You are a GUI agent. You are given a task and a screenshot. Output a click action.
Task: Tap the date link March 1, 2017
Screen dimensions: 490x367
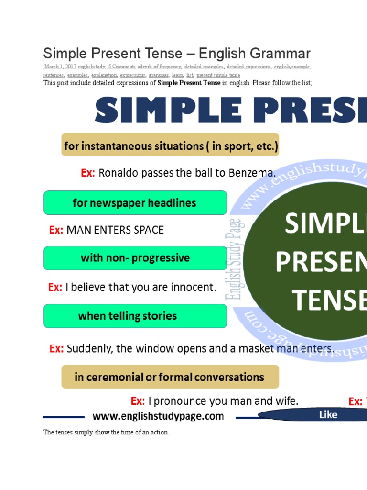(60, 67)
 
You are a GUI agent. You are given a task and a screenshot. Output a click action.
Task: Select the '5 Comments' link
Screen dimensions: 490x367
(122, 67)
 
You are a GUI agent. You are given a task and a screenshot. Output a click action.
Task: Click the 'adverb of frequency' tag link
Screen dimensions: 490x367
(159, 67)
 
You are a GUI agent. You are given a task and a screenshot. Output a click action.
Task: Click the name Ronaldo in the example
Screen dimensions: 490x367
(118, 173)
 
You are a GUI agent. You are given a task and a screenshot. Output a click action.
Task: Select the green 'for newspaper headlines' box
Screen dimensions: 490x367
(135, 203)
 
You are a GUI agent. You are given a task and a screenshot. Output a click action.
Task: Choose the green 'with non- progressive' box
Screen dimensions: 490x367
(135, 258)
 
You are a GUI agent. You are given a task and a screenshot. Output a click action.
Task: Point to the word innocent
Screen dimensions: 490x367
(194, 288)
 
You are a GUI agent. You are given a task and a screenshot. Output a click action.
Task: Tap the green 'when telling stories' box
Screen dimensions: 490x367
(135, 316)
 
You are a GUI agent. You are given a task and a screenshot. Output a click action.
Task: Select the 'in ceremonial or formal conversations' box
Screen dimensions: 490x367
(170, 377)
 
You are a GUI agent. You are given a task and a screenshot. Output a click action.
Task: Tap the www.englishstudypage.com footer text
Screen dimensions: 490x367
(158, 416)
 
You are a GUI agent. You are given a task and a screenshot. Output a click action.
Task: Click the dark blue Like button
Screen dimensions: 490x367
(328, 415)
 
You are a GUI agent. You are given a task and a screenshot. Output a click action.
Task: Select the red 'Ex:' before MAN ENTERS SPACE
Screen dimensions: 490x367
(56, 230)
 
